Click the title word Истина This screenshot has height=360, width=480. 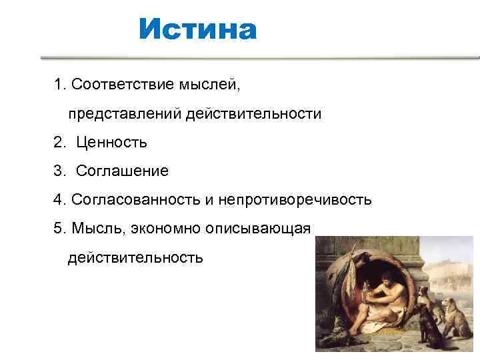[197, 30]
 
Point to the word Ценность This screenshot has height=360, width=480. [111, 142]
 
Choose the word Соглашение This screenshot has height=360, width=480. [122, 171]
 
